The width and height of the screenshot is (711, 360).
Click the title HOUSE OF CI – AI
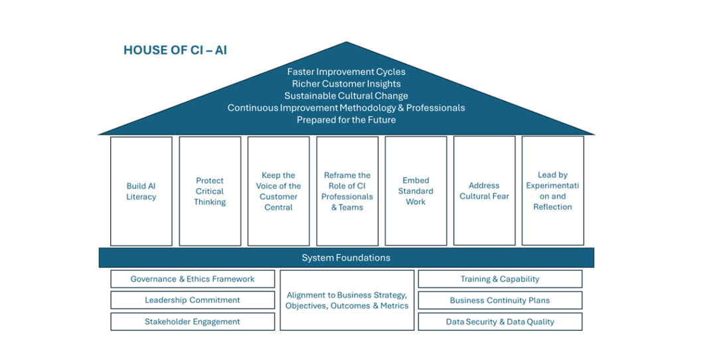(x=175, y=50)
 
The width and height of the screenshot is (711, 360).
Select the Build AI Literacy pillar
(x=141, y=191)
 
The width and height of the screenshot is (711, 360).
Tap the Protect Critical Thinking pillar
(x=210, y=191)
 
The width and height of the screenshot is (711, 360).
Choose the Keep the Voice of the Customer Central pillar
(x=279, y=191)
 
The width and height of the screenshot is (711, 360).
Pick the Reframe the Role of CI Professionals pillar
(x=347, y=191)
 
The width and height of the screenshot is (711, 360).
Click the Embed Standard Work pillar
(x=416, y=191)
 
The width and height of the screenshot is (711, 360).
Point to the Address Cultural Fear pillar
(x=485, y=191)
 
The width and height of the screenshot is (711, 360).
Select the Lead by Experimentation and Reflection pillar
(x=552, y=191)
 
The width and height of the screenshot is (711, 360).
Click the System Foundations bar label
(x=346, y=258)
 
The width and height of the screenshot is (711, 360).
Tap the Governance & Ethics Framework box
(x=193, y=279)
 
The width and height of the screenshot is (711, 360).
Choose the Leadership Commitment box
(x=193, y=300)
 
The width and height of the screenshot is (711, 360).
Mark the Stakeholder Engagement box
(x=193, y=321)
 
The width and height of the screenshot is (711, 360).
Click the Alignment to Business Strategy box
(x=347, y=300)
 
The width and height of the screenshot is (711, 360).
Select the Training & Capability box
(x=500, y=279)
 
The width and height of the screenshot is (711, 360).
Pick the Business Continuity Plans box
(x=500, y=300)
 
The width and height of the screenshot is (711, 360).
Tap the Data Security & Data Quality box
(x=500, y=321)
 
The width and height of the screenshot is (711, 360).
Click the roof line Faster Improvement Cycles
(x=346, y=72)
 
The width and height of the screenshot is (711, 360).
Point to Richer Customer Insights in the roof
(x=346, y=84)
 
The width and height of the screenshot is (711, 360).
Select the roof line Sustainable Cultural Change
(x=346, y=96)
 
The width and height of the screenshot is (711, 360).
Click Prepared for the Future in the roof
(x=346, y=120)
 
